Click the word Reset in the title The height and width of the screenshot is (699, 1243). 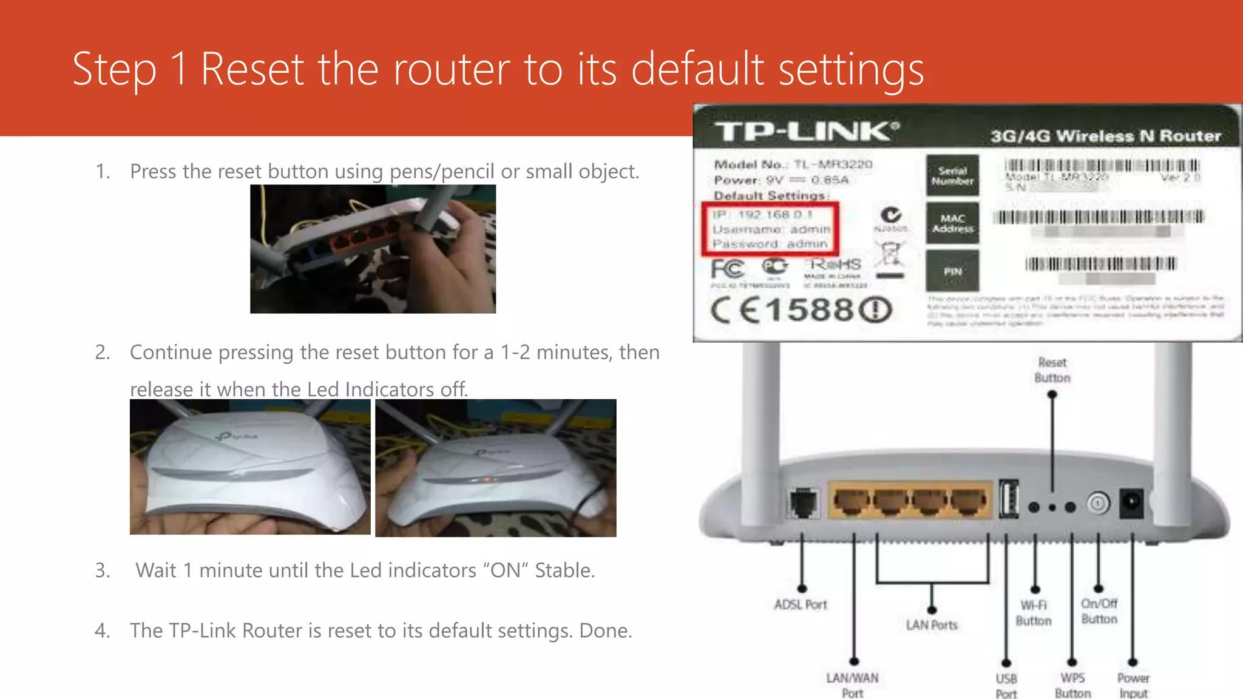coord(252,69)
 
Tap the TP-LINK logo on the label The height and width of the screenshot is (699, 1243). coord(806,131)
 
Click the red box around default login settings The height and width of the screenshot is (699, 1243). coord(770,229)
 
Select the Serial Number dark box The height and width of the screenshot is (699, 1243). coord(952,175)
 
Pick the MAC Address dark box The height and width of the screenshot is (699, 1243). coord(952,223)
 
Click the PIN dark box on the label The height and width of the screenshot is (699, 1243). coord(952,271)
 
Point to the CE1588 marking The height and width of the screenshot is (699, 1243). coord(801,310)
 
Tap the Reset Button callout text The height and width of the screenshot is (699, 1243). coord(1052,370)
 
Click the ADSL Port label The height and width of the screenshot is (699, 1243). coord(800,605)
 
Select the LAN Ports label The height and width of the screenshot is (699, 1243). coord(932,625)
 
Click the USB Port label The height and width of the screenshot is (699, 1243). coord(1006,686)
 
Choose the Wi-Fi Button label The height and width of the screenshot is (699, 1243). coord(1034,613)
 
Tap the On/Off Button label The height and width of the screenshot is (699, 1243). coord(1099,611)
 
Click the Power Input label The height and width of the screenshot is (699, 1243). coord(1133,686)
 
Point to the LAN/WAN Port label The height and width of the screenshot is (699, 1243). coord(852,685)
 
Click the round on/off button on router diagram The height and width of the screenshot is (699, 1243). coord(1098,503)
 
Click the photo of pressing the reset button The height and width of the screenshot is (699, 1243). coord(373,249)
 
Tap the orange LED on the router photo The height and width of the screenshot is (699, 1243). coord(487,480)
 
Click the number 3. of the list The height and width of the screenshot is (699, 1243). coord(103,570)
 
